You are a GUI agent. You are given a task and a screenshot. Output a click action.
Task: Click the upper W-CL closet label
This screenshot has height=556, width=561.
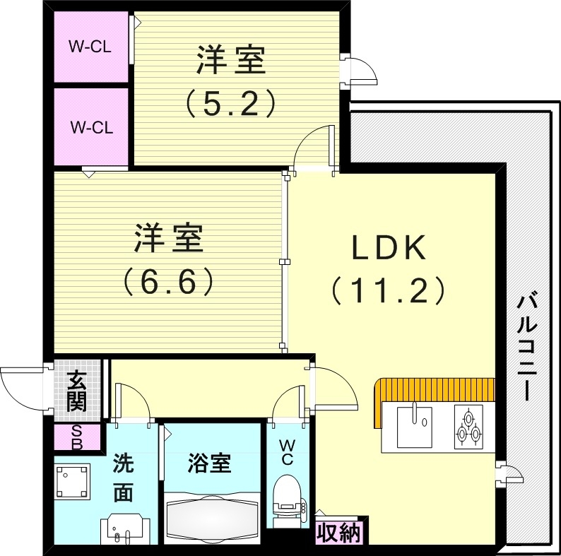pyautogui.click(x=90, y=47)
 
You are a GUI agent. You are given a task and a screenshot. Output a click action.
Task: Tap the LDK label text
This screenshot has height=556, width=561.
pyautogui.click(x=387, y=249)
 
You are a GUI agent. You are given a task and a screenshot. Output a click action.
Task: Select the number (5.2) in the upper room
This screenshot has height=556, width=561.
pyautogui.click(x=230, y=104)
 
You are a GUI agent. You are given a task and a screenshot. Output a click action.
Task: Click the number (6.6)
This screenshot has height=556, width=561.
pyautogui.click(x=169, y=282)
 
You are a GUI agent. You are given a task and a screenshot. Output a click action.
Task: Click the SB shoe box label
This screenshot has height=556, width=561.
pyautogui.click(x=76, y=438)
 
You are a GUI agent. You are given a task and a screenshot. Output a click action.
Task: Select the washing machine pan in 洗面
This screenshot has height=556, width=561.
pyautogui.click(x=72, y=481)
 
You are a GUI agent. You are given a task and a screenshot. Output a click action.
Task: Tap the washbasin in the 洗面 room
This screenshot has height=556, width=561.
pyautogui.click(x=124, y=529)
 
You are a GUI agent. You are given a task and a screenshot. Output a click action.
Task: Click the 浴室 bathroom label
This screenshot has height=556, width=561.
pyautogui.click(x=209, y=464)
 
